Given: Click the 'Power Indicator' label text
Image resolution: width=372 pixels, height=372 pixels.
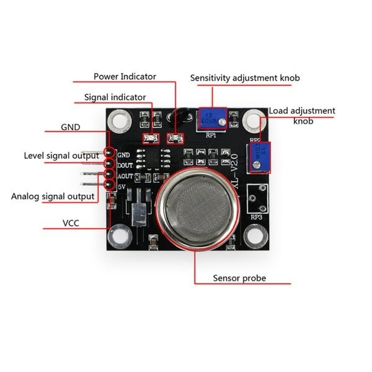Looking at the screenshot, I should pyautogui.click(x=125, y=76).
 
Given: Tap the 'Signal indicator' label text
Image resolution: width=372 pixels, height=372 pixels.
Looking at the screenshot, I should pyautogui.click(x=115, y=97).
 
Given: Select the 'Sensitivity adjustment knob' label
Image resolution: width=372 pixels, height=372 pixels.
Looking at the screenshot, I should pyautogui.click(x=245, y=78).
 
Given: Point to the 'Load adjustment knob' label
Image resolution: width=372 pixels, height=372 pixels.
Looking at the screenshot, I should pyautogui.click(x=302, y=116).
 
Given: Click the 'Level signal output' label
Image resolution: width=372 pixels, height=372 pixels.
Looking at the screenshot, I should pyautogui.click(x=61, y=156).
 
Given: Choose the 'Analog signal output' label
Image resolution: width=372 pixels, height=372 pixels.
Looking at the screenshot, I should pyautogui.click(x=53, y=197).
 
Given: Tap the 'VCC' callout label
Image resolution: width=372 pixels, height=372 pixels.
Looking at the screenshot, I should pyautogui.click(x=70, y=223).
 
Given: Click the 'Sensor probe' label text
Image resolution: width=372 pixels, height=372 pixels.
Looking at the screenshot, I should pyautogui.click(x=239, y=278).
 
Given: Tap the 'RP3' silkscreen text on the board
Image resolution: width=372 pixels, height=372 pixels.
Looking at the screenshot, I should pyautogui.click(x=256, y=217).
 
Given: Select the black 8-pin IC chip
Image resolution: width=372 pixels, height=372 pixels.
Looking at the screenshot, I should pyautogui.click(x=152, y=158).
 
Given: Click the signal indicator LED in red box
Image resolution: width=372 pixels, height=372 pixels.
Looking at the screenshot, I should pyautogui.click(x=149, y=138).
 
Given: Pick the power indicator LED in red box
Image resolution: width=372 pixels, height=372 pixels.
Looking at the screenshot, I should pyautogui.click(x=173, y=138).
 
